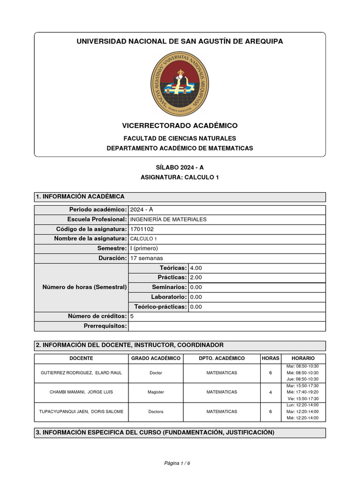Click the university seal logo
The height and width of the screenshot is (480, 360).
coord(180,84)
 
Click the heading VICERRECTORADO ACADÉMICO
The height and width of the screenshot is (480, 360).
coord(180,126)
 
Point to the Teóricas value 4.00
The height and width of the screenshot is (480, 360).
coord(195,268)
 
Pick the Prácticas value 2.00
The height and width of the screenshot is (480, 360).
coord(195,277)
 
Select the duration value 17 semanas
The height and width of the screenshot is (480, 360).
coord(146,258)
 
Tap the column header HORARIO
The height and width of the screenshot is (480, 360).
coord(303,358)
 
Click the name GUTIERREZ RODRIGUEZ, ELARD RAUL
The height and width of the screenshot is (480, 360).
coord(81,373)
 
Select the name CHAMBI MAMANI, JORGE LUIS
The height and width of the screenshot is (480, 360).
coord(76,392)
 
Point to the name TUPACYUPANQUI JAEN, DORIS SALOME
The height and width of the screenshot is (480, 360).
coord(81,412)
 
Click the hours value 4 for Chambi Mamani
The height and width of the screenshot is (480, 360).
coord(270,392)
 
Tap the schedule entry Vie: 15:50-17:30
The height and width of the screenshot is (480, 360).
coord(302,398)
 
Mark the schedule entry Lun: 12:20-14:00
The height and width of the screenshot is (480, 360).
coord(302,405)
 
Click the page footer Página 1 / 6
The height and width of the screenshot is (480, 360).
coord(177,463)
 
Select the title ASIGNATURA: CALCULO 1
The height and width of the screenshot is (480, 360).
coord(180,177)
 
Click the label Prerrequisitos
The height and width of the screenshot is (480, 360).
coord(105,326)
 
